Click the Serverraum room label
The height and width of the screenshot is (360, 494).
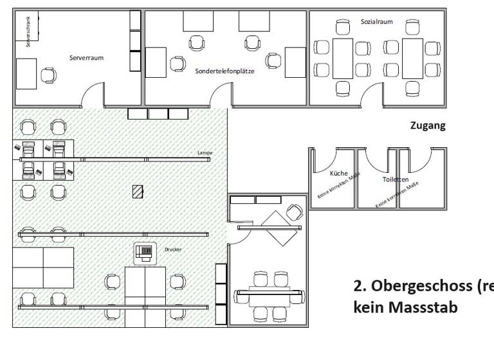tap(87, 58)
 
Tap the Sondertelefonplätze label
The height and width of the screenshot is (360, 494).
tap(225, 71)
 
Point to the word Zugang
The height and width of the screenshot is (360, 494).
tap(428, 126)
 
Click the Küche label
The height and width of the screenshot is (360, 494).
tap(338, 174)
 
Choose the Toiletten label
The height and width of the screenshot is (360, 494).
tap(395, 180)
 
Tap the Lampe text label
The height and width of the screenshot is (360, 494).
tap(205, 153)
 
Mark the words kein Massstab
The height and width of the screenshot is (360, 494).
tap(407, 307)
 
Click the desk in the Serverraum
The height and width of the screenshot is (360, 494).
tap(26, 73)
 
